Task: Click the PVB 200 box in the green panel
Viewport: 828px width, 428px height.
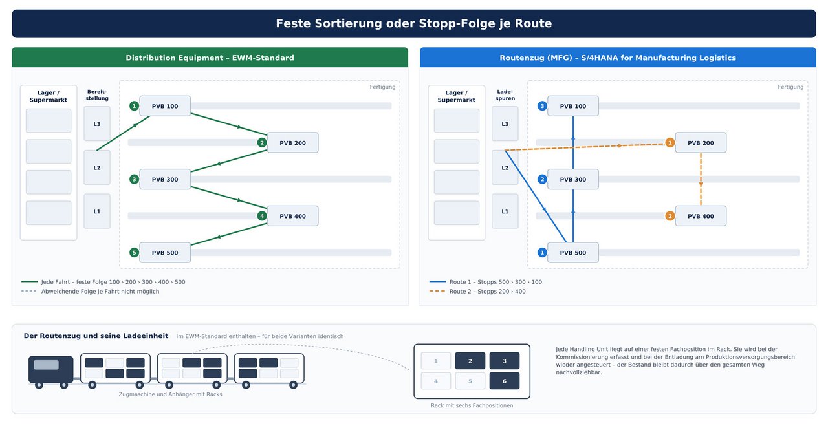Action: coord(292,143)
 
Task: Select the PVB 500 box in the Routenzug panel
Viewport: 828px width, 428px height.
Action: coord(572,253)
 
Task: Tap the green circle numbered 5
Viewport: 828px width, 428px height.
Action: coord(134,253)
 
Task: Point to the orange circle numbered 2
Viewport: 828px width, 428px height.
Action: coord(670,216)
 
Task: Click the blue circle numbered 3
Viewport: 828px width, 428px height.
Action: coord(542,106)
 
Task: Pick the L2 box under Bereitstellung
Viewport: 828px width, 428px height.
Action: coord(97,167)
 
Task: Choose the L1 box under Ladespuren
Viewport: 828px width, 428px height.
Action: coord(505,211)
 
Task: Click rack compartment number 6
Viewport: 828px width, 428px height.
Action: coord(504,381)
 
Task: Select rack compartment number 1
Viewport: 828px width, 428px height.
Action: coord(436,361)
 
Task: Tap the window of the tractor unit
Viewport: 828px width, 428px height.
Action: coord(46,365)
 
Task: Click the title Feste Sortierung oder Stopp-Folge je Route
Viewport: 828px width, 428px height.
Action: coord(413,23)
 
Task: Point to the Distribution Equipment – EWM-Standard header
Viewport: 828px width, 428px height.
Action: coord(210,58)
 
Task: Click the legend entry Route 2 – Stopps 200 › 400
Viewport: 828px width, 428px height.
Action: coord(487,291)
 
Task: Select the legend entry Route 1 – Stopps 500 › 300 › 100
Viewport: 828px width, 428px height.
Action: coord(496,282)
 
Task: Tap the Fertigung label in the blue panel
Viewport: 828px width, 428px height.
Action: coord(790,87)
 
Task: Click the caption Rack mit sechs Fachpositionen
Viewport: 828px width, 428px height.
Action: coord(472,405)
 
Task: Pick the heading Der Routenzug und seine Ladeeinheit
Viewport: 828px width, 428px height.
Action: coord(96,336)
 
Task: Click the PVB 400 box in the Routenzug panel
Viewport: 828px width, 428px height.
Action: coord(701,216)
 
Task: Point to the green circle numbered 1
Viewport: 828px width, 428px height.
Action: coord(134,106)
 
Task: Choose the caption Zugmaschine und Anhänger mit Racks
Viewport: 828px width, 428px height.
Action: coord(170,394)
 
